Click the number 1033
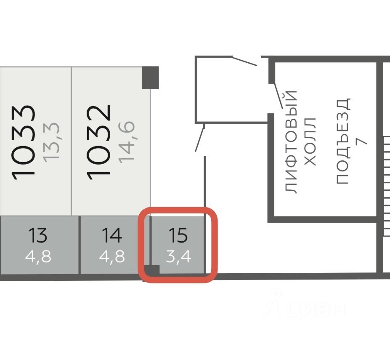(23, 142)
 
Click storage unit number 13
(38, 235)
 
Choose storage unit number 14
(111, 235)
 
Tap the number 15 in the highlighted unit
(178, 235)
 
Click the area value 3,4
(178, 256)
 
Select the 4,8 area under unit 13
(38, 256)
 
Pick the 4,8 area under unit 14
(112, 256)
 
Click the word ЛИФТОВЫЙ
(292, 141)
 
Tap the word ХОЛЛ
(310, 141)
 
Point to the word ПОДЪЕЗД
(343, 141)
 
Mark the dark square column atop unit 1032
(150, 77)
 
